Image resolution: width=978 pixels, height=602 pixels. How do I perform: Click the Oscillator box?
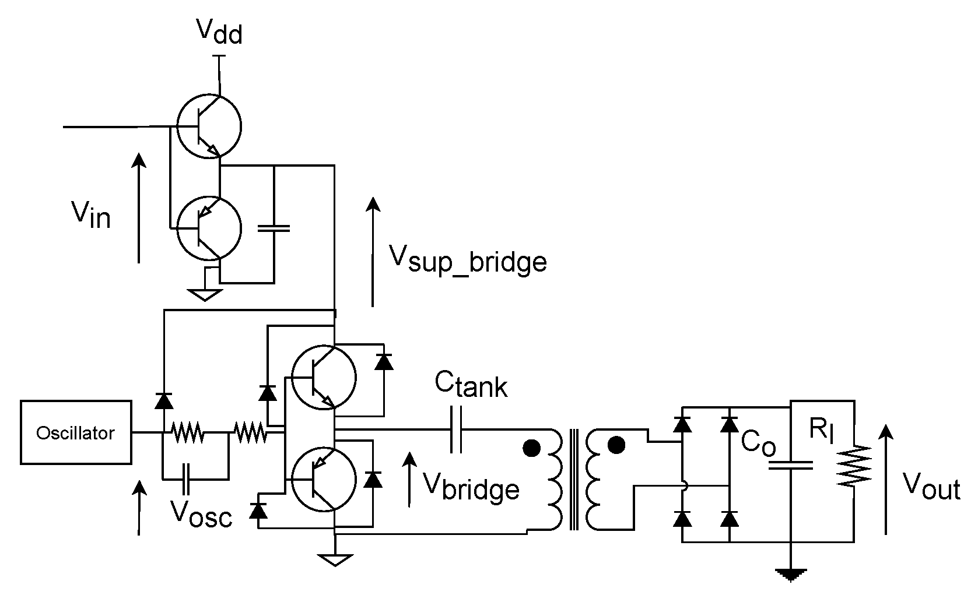76,432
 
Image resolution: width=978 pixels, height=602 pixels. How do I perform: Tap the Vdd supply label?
219,32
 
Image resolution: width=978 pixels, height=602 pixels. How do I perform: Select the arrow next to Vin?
138,207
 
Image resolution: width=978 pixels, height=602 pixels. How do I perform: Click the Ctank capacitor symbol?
456,431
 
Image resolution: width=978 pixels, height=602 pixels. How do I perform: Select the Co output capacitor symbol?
790,464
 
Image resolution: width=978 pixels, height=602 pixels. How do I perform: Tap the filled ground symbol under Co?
791,573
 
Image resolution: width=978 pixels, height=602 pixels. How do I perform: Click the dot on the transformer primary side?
531,449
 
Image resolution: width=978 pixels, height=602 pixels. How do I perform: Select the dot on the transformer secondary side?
616,446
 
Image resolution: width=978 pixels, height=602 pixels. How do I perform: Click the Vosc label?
201,514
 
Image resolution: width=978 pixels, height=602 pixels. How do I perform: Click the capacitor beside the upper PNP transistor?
273,228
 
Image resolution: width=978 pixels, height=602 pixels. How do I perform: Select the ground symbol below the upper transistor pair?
205,294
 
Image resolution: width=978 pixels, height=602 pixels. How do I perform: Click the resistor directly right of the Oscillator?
187,432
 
